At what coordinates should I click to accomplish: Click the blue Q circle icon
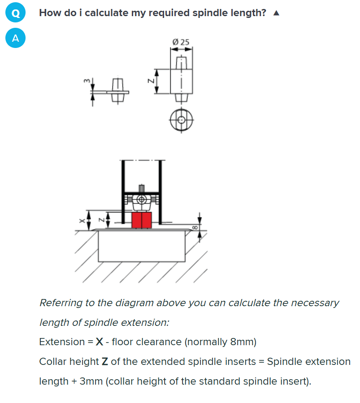click(16, 13)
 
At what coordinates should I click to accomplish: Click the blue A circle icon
click(16, 38)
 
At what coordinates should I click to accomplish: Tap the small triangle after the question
click(276, 13)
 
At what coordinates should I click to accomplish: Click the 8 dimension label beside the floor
click(195, 227)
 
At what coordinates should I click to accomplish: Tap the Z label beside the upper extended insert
click(150, 81)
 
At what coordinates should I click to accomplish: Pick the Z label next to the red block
click(101, 220)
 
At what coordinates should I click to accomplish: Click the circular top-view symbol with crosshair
click(181, 120)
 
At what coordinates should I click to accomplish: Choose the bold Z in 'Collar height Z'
click(106, 362)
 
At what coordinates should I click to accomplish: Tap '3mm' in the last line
click(91, 381)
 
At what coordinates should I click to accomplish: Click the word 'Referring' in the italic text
click(60, 303)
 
